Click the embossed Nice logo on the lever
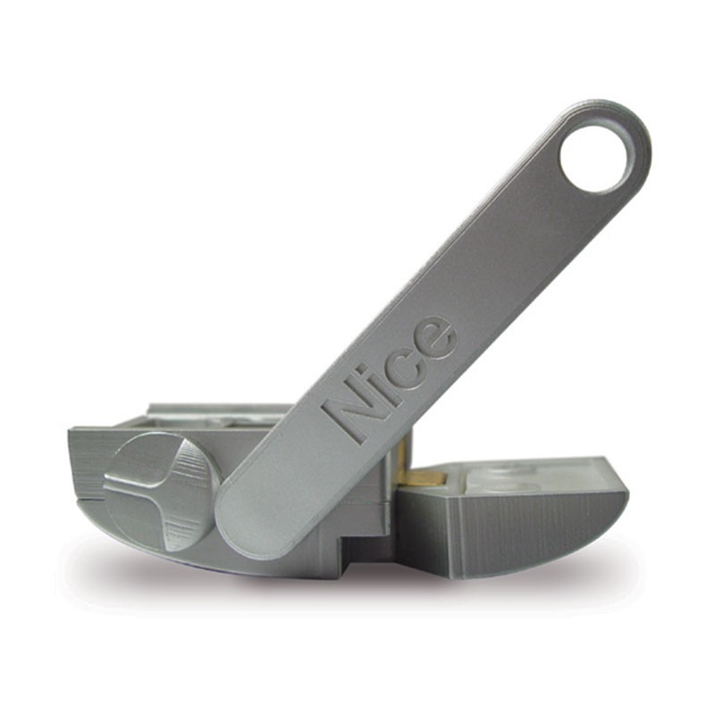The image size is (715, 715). (390, 379)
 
